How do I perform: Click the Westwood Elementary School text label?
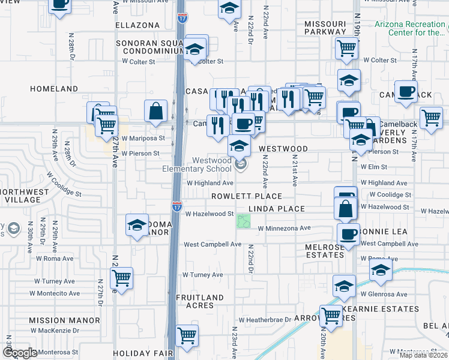[196, 164]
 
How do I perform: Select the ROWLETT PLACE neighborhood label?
[247, 196]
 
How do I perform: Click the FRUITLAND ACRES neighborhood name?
[200, 301]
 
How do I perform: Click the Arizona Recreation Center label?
[411, 28]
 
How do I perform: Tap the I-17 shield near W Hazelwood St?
[177, 206]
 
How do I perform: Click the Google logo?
[20, 353]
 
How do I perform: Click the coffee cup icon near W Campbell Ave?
[348, 233]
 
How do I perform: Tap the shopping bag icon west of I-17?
[155, 110]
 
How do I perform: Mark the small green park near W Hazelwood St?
[243, 221]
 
